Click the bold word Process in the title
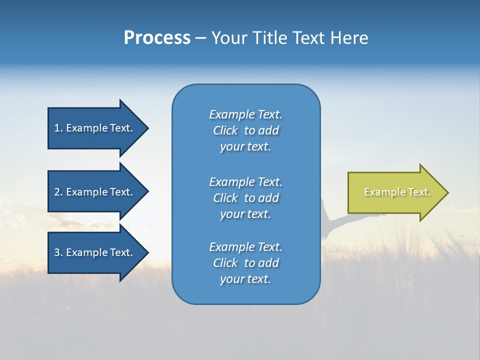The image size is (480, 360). (157, 38)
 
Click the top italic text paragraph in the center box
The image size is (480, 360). (245, 130)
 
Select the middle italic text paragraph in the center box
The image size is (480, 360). (245, 198)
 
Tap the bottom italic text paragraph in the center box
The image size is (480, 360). (245, 263)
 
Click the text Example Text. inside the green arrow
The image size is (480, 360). (397, 192)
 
